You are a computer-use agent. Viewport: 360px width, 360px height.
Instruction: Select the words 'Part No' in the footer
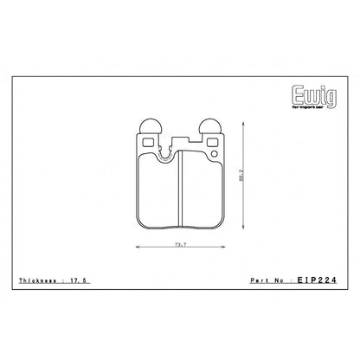[x=267, y=282]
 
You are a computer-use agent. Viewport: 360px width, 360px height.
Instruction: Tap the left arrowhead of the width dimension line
[x=139, y=249]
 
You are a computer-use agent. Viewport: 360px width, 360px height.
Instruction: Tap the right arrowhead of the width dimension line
[x=221, y=249]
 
